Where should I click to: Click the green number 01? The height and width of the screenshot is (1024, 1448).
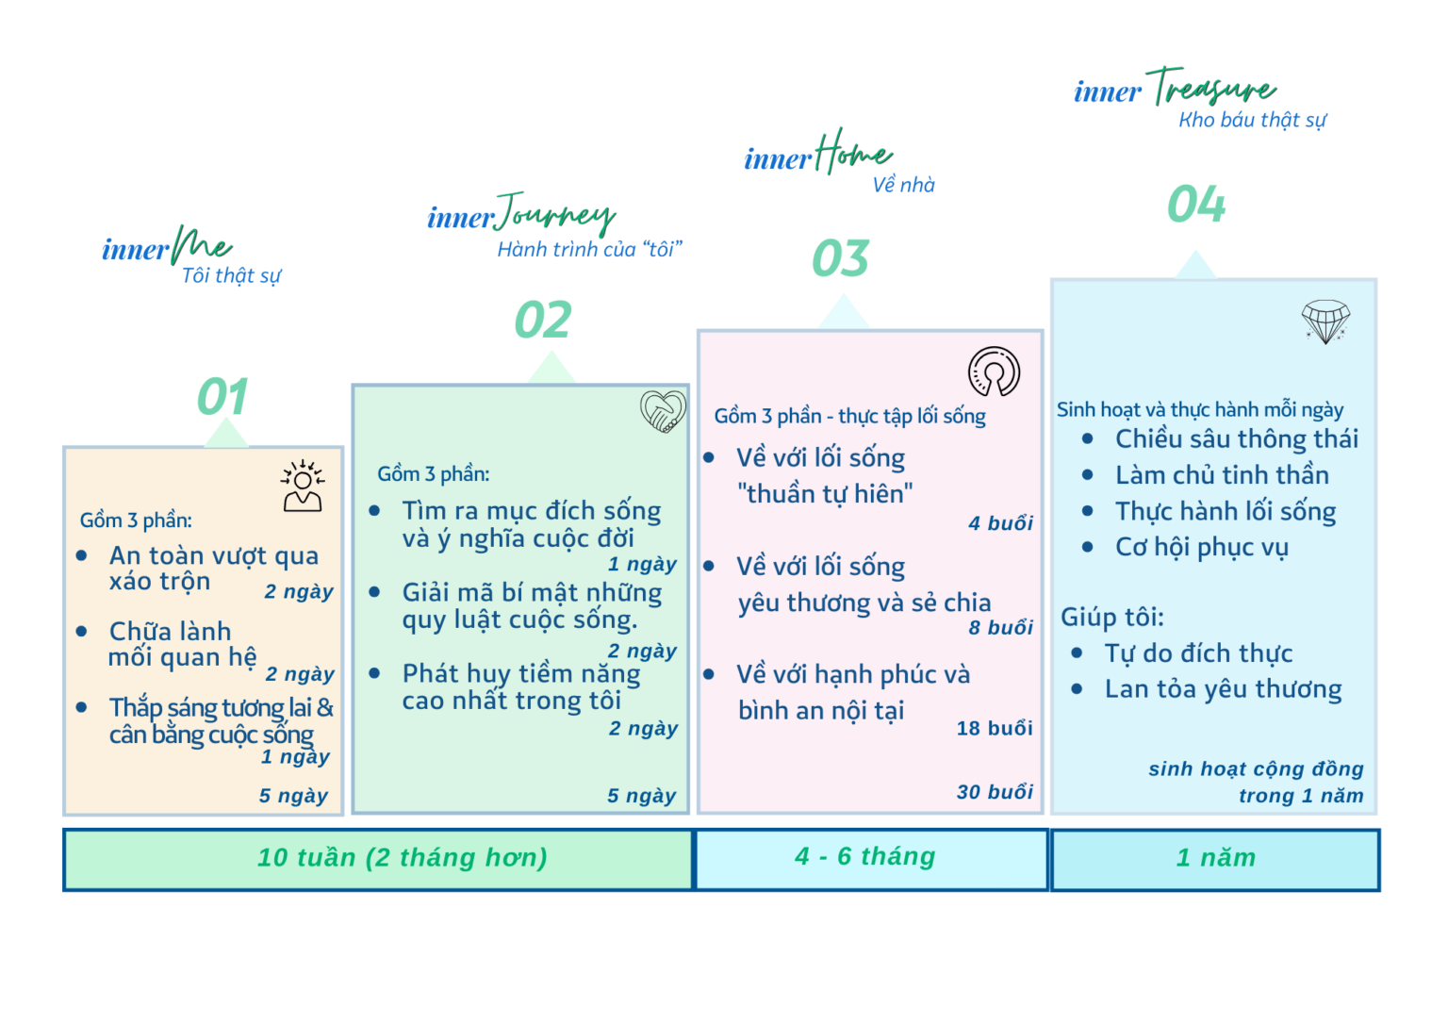pos(222,396)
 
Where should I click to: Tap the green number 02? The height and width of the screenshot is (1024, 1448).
pos(543,320)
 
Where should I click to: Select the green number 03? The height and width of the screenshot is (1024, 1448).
pos(840,258)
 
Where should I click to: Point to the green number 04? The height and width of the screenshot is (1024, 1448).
pos(1196,204)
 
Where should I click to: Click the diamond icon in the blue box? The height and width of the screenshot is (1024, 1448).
pos(1325,322)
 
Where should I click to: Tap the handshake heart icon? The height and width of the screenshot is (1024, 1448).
pos(663,411)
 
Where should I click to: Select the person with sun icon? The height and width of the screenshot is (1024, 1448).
pos(303,487)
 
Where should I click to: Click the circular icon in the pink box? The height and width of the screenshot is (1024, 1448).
pos(995,372)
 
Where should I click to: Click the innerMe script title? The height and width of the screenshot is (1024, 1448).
pos(167,246)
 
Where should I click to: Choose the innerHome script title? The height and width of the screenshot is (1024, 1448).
pos(817,153)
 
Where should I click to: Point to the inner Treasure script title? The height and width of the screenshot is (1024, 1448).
pos(1176,88)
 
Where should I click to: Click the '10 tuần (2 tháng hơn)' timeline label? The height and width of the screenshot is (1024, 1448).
pos(403,858)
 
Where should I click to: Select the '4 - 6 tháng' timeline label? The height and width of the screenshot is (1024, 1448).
pos(864,856)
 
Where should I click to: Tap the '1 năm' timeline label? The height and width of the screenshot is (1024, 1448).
pos(1216,858)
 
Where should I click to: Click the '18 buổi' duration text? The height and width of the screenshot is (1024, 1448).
pos(995,729)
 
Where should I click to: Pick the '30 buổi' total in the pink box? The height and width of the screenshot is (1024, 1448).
pos(995,792)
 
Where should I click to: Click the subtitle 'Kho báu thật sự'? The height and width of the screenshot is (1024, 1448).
pos(1252,121)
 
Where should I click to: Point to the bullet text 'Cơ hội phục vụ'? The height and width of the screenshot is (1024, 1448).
pos(1202,548)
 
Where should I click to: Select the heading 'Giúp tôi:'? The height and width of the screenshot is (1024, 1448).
pos(1111,618)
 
